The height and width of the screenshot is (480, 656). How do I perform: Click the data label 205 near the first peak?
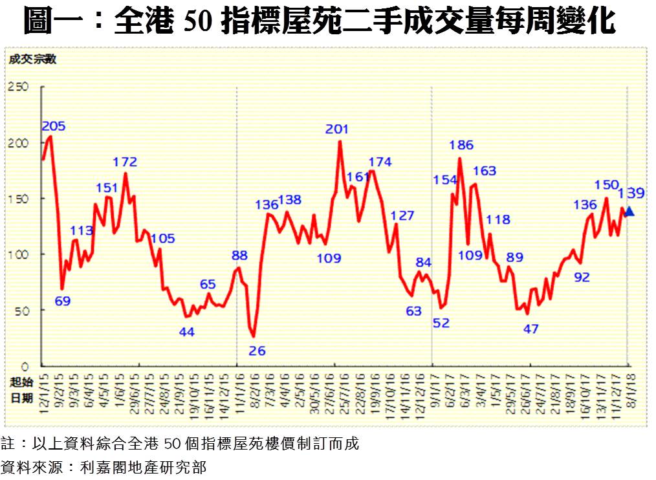click(54, 125)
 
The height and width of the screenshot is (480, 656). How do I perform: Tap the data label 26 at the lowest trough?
click(257, 351)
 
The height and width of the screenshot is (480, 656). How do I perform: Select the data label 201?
click(336, 129)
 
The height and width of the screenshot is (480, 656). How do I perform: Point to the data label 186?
click(461, 146)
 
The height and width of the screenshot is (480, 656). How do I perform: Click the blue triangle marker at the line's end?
click(630, 212)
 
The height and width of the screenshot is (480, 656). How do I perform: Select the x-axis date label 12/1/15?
click(45, 391)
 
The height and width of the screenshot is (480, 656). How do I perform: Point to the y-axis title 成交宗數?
click(32, 60)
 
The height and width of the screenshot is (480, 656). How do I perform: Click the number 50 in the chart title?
click(197, 22)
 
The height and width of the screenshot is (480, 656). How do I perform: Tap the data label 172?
click(125, 162)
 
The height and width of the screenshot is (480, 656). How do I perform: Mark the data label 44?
click(187, 333)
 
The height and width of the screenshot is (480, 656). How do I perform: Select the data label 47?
click(530, 329)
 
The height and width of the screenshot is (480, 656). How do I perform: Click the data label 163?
click(484, 171)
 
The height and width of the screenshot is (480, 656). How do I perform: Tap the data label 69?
click(63, 301)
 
